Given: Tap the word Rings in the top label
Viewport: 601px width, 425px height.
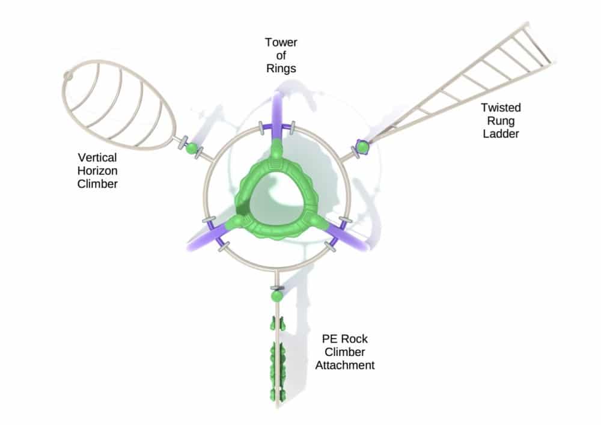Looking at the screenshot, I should (x=281, y=69).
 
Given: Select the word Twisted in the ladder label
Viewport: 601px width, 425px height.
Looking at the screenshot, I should (x=500, y=108).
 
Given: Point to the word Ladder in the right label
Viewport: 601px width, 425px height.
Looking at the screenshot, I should (x=500, y=134).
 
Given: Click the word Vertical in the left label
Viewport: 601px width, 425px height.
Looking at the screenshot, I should (x=97, y=157).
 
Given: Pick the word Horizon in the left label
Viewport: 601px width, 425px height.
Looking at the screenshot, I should (x=97, y=171).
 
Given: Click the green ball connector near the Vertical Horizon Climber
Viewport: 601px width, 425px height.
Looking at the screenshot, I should (x=191, y=147).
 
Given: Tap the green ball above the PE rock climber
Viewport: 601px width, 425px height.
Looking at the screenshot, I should (x=276, y=296).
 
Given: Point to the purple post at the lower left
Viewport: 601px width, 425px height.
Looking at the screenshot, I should (x=200, y=239).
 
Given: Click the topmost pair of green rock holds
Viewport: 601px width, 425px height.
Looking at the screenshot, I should (x=277, y=324).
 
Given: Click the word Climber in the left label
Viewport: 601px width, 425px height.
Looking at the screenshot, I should (x=97, y=184).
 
